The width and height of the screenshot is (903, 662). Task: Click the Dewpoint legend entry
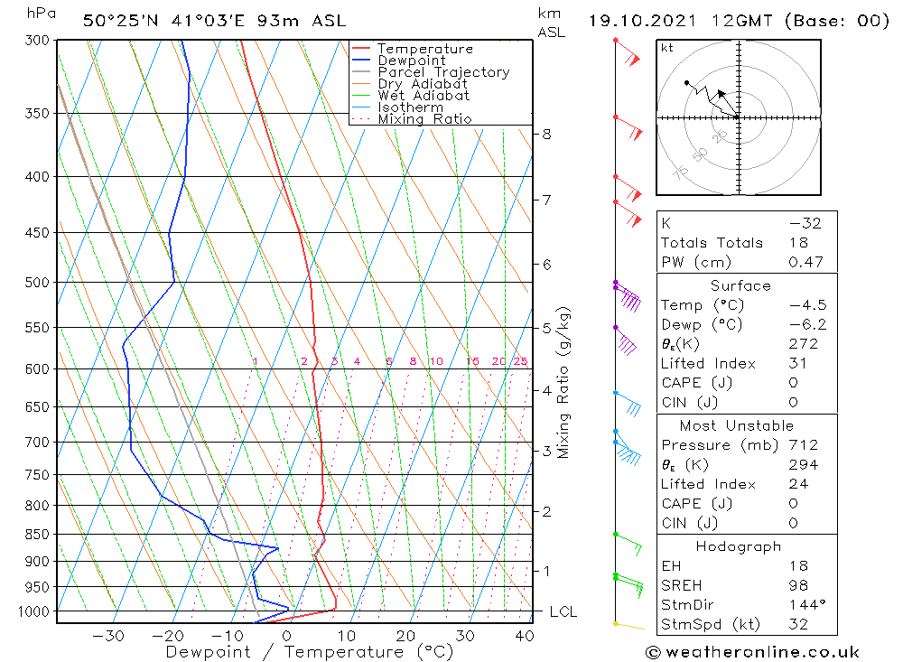click(411, 61)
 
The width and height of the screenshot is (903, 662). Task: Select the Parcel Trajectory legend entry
click(443, 72)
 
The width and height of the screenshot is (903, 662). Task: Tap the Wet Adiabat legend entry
click(424, 96)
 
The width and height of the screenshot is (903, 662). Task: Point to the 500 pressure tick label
click(39, 283)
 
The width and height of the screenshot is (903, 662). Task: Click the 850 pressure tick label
click(39, 534)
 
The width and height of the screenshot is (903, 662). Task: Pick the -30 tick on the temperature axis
click(108, 635)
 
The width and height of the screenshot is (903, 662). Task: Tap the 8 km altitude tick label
click(545, 135)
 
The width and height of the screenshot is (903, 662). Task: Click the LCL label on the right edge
click(563, 612)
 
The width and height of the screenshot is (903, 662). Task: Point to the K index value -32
click(804, 223)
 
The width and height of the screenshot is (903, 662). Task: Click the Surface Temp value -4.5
click(806, 305)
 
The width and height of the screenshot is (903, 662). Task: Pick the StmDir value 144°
click(802, 604)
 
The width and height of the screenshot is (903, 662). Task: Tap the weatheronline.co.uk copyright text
click(752, 652)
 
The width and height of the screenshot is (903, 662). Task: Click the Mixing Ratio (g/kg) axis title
click(564, 382)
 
